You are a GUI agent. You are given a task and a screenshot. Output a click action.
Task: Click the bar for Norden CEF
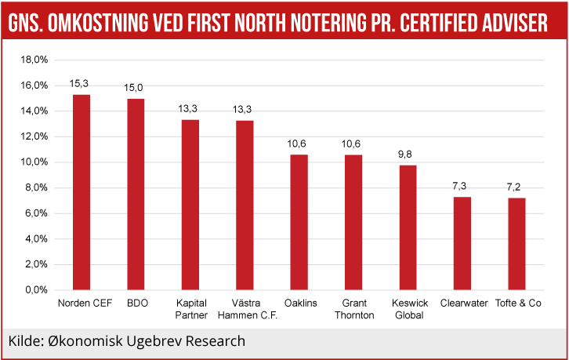82,192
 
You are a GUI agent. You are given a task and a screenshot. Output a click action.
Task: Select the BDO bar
136,194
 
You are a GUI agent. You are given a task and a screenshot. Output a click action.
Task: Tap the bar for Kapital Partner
190,205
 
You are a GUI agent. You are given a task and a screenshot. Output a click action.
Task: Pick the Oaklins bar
299,222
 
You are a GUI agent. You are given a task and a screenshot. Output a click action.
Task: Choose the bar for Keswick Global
408,227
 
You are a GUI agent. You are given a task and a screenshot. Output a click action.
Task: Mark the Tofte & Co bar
516,244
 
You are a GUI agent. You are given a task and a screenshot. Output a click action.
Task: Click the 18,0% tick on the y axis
34,60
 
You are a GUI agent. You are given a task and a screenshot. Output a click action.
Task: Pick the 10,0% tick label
34,162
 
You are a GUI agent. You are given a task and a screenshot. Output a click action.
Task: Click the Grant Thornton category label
353,309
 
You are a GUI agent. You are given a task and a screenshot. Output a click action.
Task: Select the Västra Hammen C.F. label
245,309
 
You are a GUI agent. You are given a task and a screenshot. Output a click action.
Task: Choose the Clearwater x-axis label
464,303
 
